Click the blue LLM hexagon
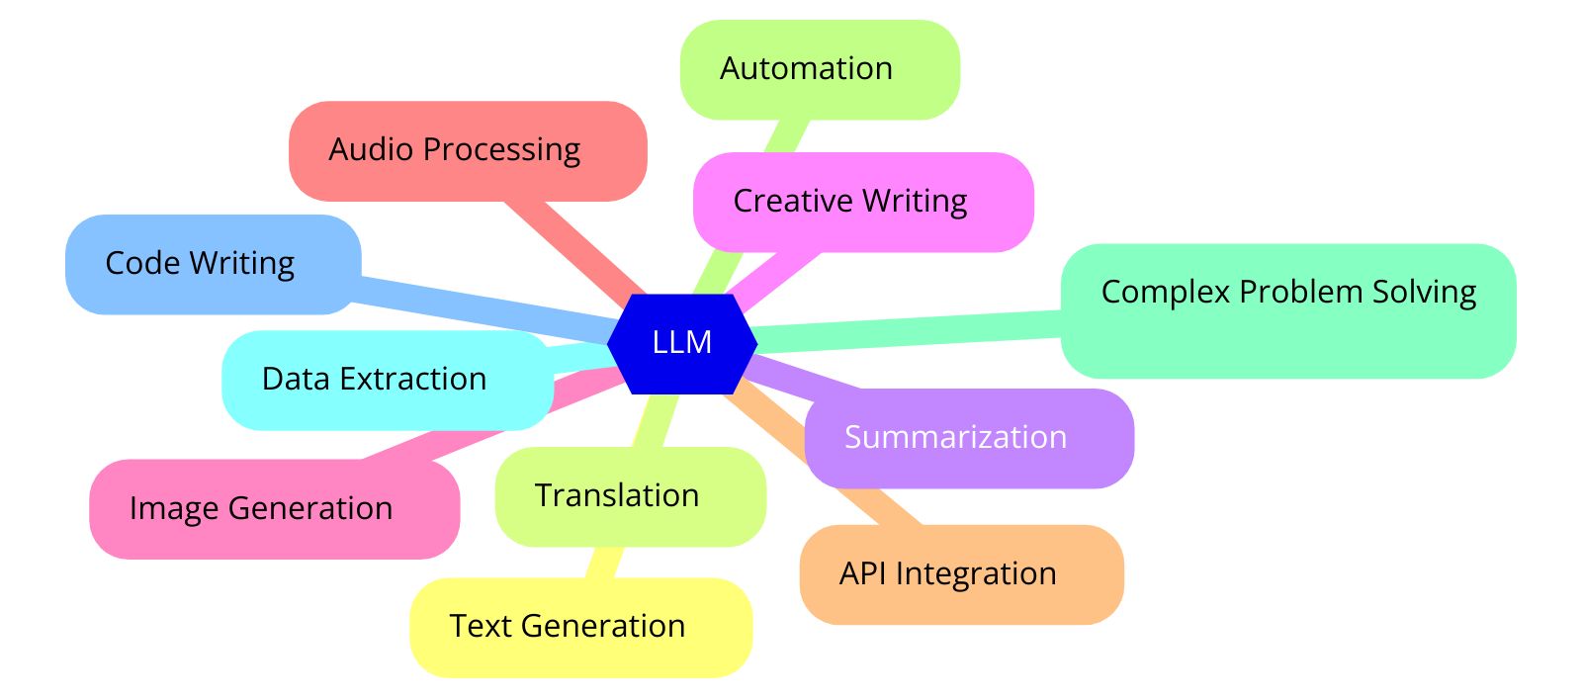[682, 343]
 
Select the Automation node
[820, 69]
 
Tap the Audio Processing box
[468, 150]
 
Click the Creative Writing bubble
[863, 202]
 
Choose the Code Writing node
[213, 264]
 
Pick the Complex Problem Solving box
[1287, 310]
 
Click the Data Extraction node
[386, 380]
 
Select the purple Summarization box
[969, 438]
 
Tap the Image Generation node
[274, 509]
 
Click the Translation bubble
[630, 496]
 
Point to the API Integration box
[961, 574]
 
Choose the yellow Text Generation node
[580, 627]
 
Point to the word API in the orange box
[862, 573]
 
